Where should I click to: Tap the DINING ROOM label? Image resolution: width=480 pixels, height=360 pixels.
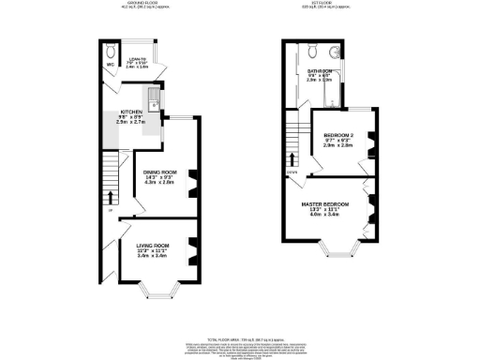[x=160, y=172]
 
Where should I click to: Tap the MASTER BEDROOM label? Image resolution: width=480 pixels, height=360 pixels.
[x=324, y=204]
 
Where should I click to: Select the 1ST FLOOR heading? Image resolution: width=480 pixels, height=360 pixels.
[x=324, y=5]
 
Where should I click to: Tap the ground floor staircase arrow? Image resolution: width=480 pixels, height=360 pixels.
[x=111, y=198]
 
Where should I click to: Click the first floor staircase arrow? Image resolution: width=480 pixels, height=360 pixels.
[x=294, y=159]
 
